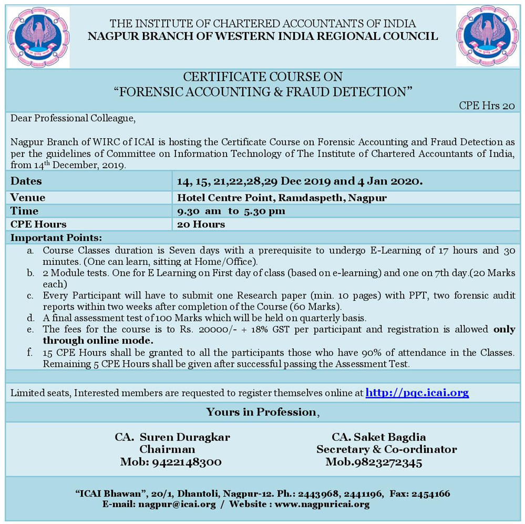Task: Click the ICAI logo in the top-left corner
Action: [x=38, y=37]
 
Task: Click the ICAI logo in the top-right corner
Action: [x=487, y=37]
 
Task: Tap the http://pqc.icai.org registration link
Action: [x=417, y=392]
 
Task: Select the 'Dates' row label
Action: [x=26, y=181]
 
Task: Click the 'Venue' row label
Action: [x=28, y=198]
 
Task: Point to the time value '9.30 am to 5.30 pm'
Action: [x=231, y=211]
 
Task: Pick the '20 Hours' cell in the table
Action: [x=201, y=224]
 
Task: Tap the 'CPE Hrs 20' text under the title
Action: [x=487, y=105]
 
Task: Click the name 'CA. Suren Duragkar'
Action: [x=172, y=437]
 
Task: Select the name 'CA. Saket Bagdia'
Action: [x=378, y=437]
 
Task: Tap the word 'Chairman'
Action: [x=167, y=449]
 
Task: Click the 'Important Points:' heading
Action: [x=56, y=237]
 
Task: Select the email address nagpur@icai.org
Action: [x=177, y=504]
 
